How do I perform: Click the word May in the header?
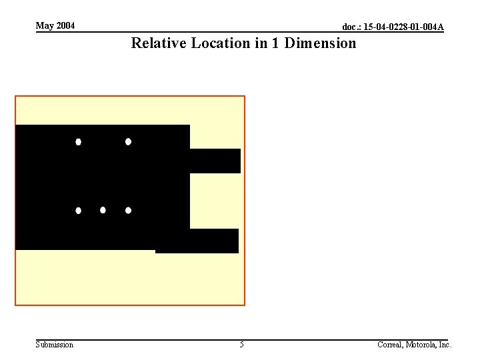pyautogui.click(x=45, y=26)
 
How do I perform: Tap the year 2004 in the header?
pyautogui.click(x=65, y=25)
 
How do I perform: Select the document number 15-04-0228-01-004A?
pyautogui.click(x=403, y=27)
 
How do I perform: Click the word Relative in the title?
pyautogui.click(x=159, y=43)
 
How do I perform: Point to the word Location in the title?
pyautogui.click(x=221, y=43)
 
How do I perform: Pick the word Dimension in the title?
pyautogui.click(x=320, y=43)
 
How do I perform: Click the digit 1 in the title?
pyautogui.click(x=275, y=43)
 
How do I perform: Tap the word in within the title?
pyautogui.click(x=261, y=43)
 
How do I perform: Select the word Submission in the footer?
pyautogui.click(x=55, y=345)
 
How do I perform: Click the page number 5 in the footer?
pyautogui.click(x=241, y=345)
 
